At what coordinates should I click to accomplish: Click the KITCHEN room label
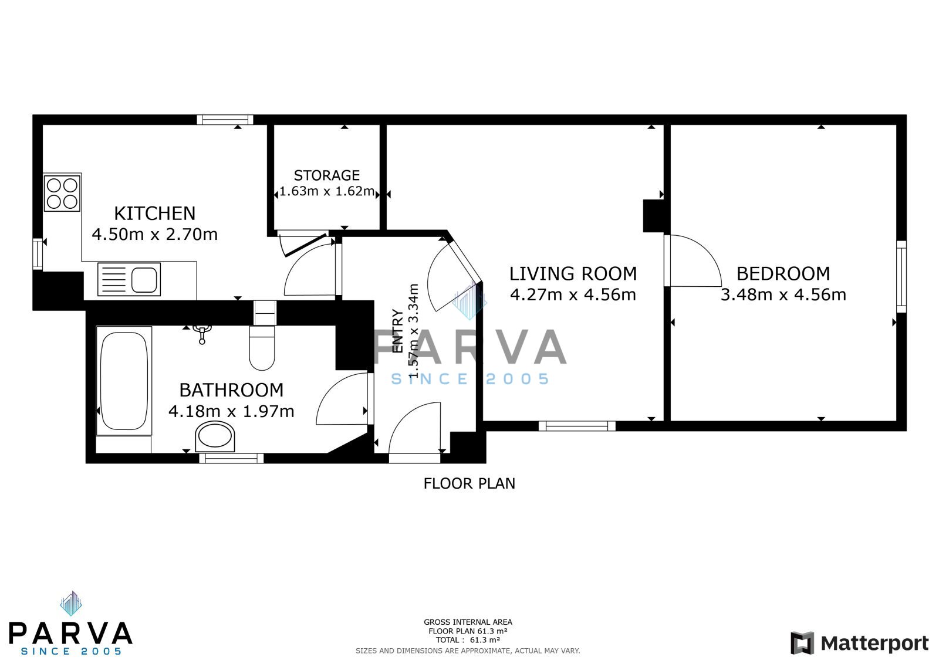(155, 214)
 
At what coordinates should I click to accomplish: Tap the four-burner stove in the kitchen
(62, 193)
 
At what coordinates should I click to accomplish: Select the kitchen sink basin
(144, 279)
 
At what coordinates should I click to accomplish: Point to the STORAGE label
(326, 175)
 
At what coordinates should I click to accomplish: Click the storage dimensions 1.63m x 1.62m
(326, 191)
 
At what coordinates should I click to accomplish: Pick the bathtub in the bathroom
(124, 381)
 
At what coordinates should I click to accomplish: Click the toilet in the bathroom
(262, 348)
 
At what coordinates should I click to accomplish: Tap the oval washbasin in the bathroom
(215, 437)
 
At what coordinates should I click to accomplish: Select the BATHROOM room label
(231, 390)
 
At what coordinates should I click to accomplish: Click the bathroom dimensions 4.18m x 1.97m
(231, 411)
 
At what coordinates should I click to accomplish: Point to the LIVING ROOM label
(573, 273)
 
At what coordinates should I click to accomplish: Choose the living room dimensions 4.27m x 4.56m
(573, 294)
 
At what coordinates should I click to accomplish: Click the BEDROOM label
(783, 273)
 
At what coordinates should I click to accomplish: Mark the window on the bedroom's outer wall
(901, 276)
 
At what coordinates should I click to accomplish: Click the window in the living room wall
(577, 426)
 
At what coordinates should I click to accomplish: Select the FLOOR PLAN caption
(469, 483)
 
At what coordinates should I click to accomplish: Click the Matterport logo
(859, 643)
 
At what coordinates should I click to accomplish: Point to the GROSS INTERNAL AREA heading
(468, 622)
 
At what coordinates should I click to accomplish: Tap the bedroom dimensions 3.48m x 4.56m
(783, 294)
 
